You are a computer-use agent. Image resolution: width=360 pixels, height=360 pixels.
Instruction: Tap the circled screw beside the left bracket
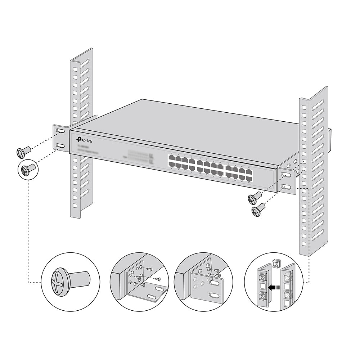(27, 169)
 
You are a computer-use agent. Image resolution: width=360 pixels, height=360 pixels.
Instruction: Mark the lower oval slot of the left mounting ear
(60, 146)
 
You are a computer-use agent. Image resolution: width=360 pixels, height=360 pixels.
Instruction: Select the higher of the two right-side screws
(254, 197)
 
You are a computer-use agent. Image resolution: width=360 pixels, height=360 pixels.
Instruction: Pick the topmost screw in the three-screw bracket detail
(149, 269)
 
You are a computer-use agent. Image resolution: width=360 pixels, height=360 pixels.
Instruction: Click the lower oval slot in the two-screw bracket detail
(214, 296)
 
